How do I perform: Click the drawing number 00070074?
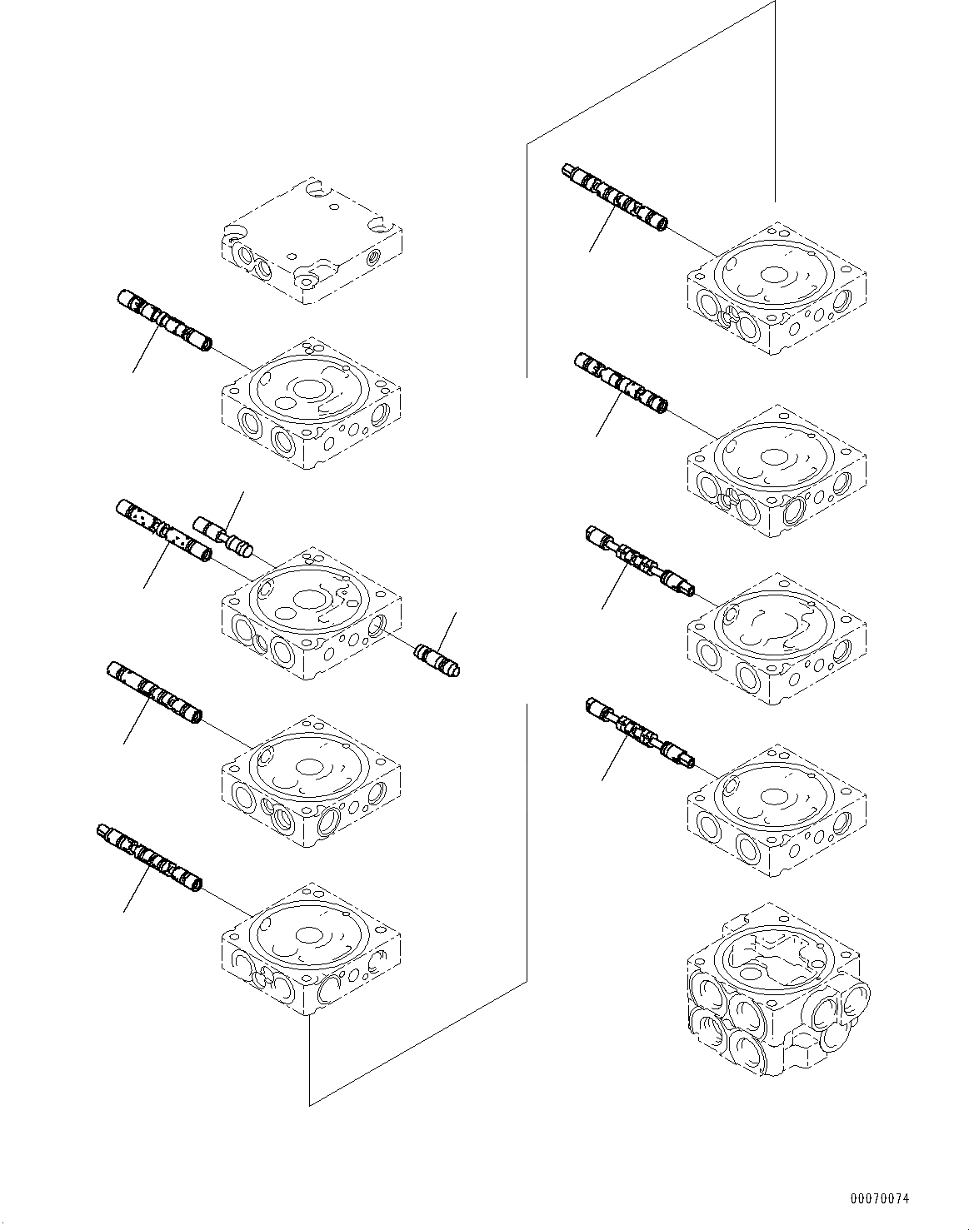(880, 1199)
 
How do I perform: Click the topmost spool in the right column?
(615, 197)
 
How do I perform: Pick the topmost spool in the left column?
(163, 320)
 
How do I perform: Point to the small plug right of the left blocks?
(437, 660)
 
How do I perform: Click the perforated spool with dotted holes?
(162, 531)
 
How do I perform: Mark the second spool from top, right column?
(620, 382)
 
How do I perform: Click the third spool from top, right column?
(639, 563)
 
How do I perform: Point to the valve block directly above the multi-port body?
(776, 808)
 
